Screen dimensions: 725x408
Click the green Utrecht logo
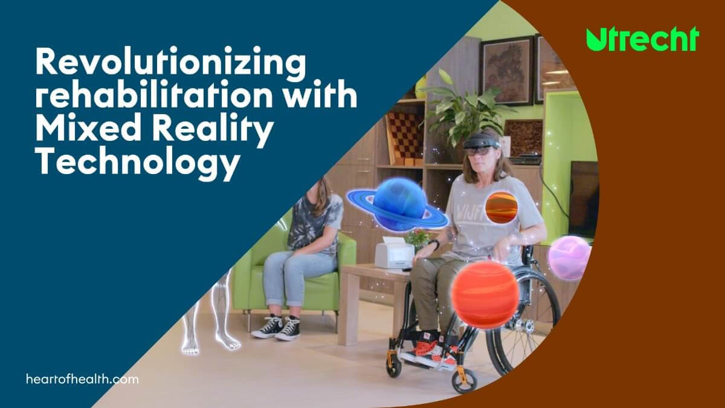pyautogui.click(x=642, y=39)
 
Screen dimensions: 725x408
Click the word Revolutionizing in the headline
pyautogui.click(x=170, y=63)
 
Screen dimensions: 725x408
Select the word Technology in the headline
pyautogui.click(x=138, y=163)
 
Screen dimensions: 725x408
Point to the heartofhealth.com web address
pyautogui.click(x=82, y=379)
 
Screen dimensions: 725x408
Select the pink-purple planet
pyautogui.click(x=570, y=257)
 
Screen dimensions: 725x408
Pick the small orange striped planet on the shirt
pyautogui.click(x=501, y=207)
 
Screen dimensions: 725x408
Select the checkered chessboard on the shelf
pyautogui.click(x=405, y=134)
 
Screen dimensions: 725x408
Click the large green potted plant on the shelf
pyautogui.click(x=466, y=107)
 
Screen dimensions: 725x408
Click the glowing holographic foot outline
pyautogui.click(x=228, y=340)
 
